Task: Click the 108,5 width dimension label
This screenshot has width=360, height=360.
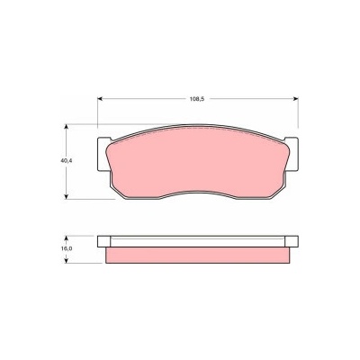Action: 197,99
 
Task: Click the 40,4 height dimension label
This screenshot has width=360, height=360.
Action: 67,160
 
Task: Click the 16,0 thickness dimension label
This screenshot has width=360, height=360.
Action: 67,248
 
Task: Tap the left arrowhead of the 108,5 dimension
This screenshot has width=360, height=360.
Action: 100,99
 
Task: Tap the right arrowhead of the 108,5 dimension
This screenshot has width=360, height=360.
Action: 295,99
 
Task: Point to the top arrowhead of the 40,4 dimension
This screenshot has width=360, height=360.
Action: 67,128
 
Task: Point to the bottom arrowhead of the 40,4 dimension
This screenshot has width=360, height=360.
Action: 67,196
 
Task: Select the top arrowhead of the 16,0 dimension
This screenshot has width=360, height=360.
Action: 67,238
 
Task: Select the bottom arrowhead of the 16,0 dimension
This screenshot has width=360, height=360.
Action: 67,260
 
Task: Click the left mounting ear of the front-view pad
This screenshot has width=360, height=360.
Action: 103,154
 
